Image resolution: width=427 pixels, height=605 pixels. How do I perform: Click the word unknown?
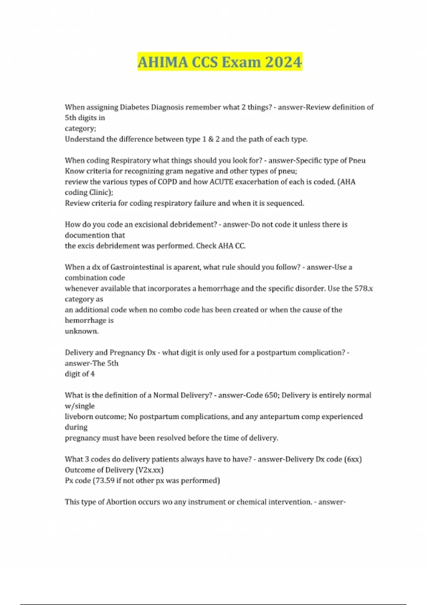coord(81,331)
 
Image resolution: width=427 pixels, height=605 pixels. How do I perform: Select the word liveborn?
coord(80,417)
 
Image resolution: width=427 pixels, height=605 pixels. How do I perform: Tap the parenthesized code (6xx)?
coord(353,459)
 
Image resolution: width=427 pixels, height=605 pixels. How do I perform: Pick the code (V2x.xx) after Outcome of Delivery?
coord(149,470)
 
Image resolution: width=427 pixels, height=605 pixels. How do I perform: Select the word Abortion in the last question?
coord(121,502)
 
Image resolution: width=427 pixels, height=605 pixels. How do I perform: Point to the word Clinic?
coord(100,193)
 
